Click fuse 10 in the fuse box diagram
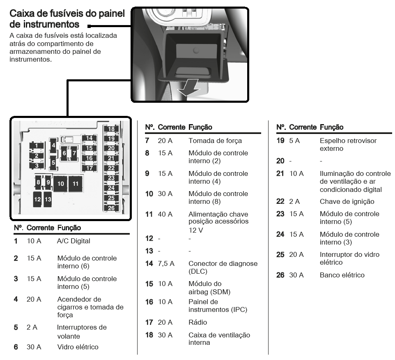coord(61,184)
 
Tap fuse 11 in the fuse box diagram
coord(76,184)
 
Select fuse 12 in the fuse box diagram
coord(38,199)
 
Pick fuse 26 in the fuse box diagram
coord(111,208)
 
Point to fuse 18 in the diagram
coord(111,129)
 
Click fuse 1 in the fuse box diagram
coord(37,145)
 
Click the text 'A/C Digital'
coord(73,241)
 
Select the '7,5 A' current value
coord(166,263)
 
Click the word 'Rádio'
coord(198,322)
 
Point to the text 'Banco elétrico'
coord(342,275)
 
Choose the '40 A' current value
coord(165,214)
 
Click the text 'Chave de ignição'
coord(347,201)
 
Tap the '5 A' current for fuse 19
coord(295,141)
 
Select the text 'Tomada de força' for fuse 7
coord(215,141)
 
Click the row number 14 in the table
coord(149,263)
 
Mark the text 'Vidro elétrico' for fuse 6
coord(78,347)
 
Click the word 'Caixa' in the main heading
coord(22,14)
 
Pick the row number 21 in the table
coord(280,173)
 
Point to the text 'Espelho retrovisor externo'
coord(348,144)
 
